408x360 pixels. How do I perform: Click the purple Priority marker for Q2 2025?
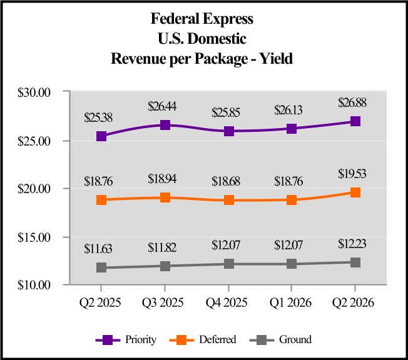coord(101,136)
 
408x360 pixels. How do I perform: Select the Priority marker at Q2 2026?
coord(355,121)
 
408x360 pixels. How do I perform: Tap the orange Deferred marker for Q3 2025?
coord(165,198)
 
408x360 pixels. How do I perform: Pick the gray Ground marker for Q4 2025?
coord(228,264)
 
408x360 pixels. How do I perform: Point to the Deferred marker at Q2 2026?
coord(355,192)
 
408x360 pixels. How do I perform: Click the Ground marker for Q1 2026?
coord(292,264)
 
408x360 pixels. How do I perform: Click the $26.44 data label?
coord(165,107)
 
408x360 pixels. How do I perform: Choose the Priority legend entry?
coord(126,340)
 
